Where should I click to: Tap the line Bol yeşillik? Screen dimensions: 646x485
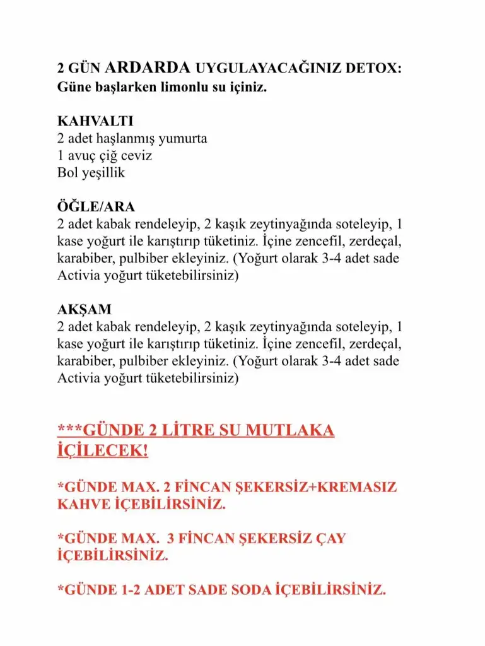[x=91, y=172]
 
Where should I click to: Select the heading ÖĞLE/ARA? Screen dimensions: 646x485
[x=96, y=207]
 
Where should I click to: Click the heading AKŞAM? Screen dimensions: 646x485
[x=84, y=310]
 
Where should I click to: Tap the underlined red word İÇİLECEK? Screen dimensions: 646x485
[x=103, y=452]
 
